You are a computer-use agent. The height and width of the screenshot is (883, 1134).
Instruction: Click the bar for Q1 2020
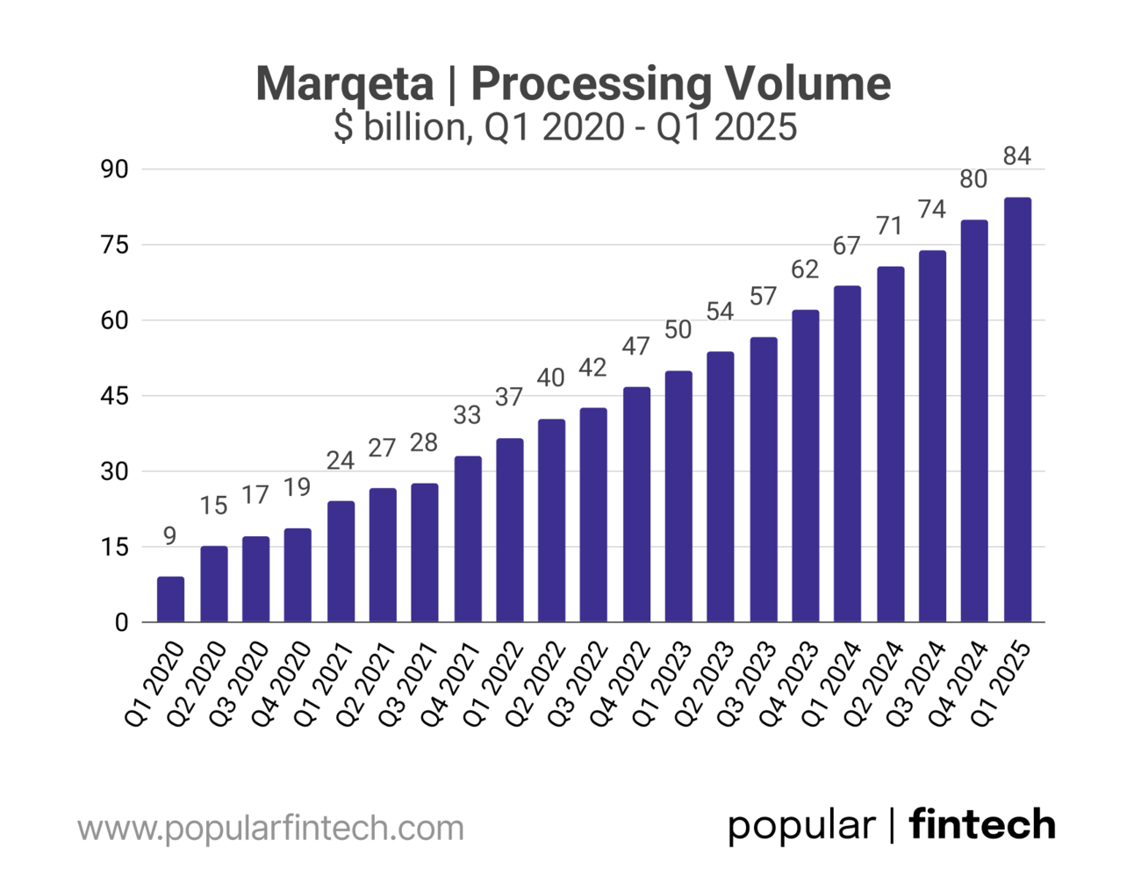coord(170,599)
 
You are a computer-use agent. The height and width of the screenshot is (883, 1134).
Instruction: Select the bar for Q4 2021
coord(468,539)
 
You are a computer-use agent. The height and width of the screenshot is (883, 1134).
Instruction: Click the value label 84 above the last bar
coord(1016,156)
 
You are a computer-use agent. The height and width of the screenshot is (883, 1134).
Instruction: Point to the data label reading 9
coord(169,535)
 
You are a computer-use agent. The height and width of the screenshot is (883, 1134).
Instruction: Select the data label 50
coord(678,330)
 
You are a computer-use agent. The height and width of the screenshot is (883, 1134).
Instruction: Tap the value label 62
coord(805,269)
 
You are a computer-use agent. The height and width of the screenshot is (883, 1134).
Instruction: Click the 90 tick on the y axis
coord(115,169)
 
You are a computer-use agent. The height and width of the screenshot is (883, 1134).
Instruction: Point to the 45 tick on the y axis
coord(115,396)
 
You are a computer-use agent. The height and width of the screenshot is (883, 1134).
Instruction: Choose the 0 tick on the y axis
coord(122,622)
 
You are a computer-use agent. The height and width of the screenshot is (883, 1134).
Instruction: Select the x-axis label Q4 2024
coord(958,685)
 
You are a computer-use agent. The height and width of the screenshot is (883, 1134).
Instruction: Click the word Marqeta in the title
coord(345,83)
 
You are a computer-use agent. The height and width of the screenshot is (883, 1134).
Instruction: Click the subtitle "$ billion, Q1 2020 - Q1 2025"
coord(566,128)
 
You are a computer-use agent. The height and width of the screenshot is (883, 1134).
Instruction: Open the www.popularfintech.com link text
coord(270,828)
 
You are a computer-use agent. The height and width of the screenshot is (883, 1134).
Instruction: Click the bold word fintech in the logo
coord(982,825)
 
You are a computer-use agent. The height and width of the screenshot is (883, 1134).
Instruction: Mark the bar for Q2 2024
coord(890,444)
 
